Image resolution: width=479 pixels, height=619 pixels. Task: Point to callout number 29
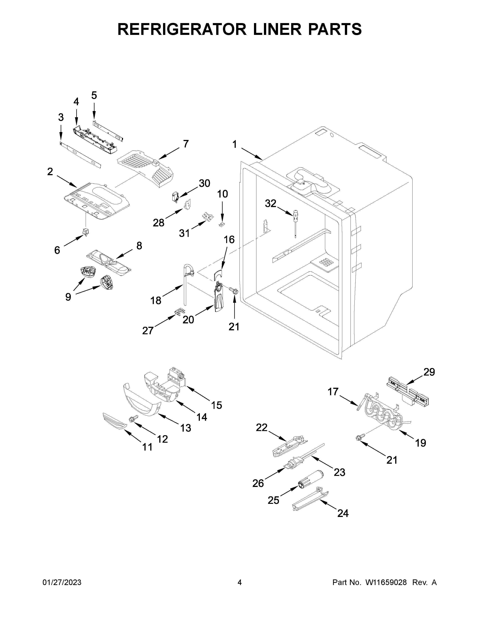(429, 372)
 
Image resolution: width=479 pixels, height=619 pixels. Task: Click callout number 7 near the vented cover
(186, 144)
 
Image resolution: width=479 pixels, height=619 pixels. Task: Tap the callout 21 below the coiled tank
(392, 460)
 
